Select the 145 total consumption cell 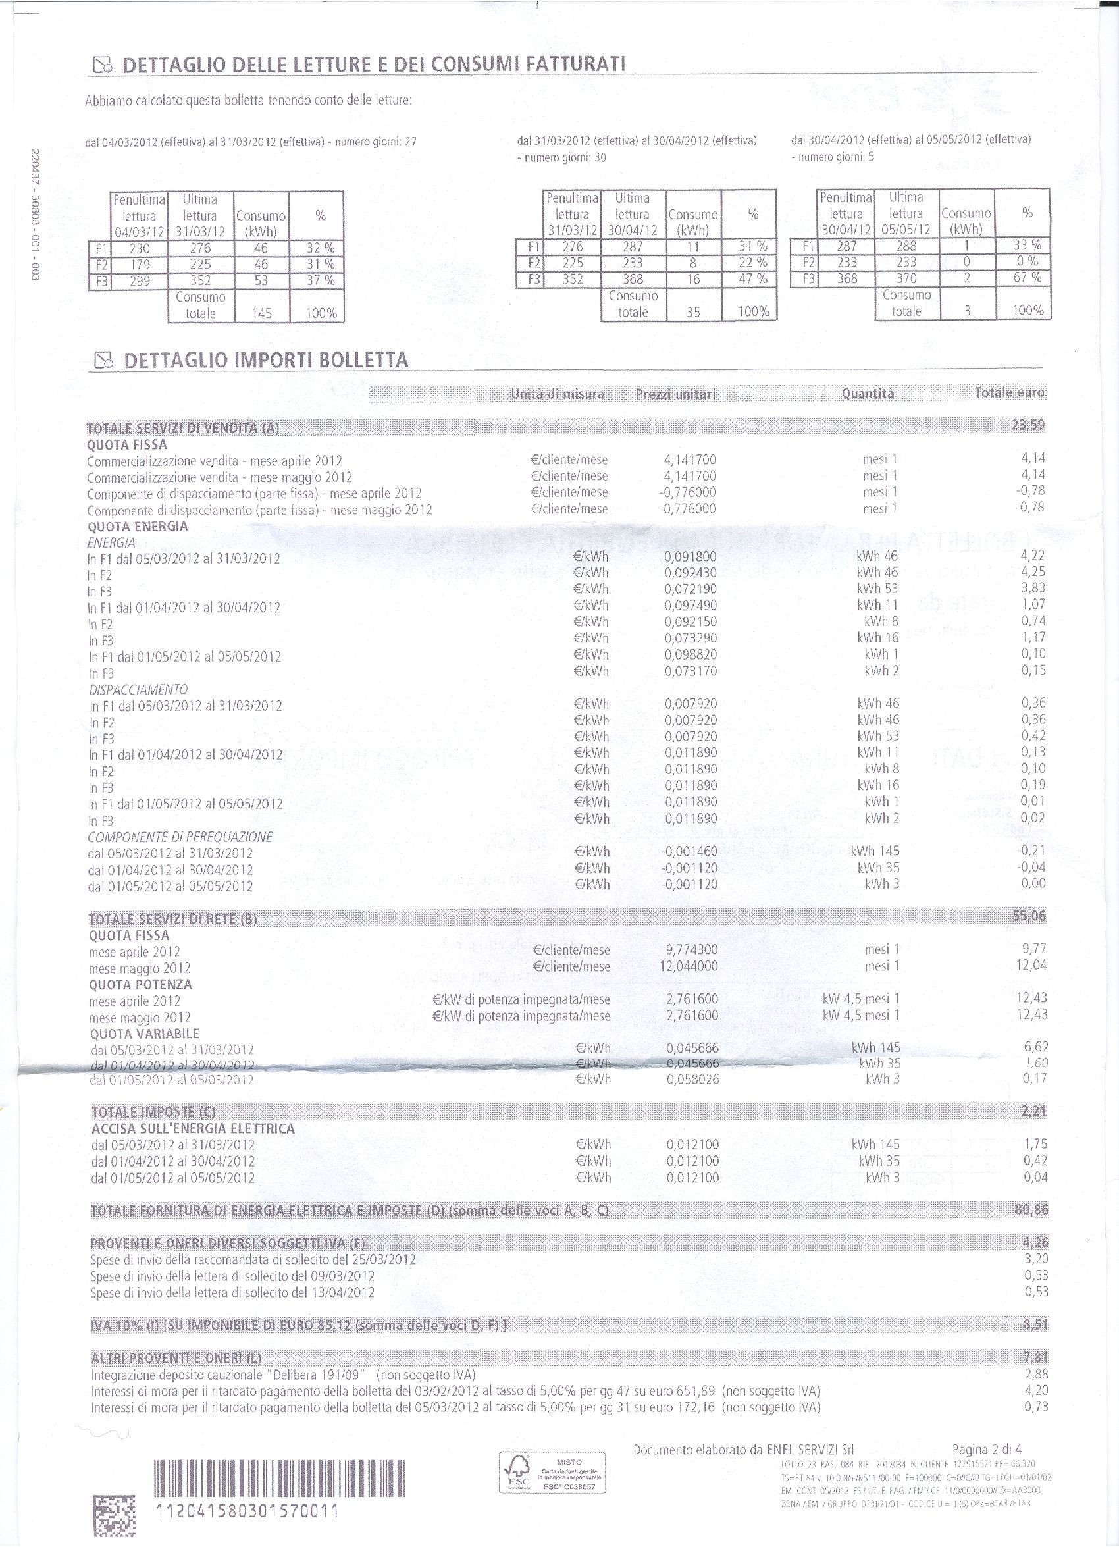[x=261, y=313]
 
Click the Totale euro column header [x=1009, y=393]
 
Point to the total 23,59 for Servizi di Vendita [x=1028, y=425]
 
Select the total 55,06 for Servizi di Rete [x=1029, y=916]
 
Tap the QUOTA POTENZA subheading [x=140, y=984]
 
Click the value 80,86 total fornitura [x=1031, y=1210]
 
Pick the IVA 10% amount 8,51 [x=1035, y=1324]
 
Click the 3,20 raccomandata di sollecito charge [x=1036, y=1259]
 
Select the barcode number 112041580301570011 [x=247, y=1511]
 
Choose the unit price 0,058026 [x=692, y=1079]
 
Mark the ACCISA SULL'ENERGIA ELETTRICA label [x=193, y=1128]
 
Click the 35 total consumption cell [x=693, y=312]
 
